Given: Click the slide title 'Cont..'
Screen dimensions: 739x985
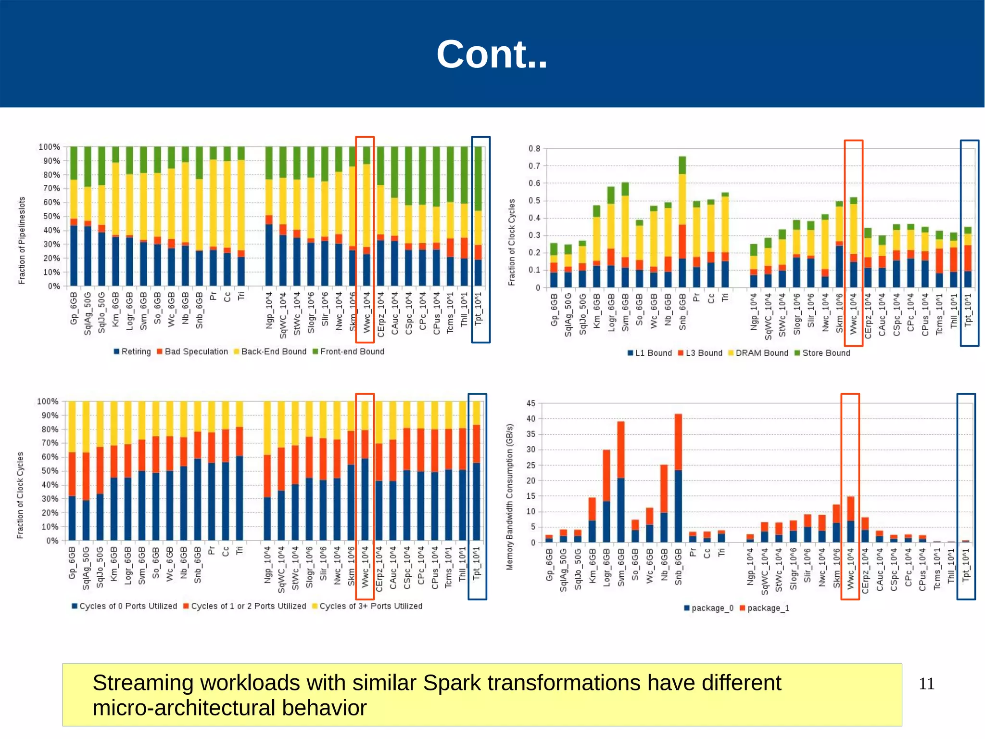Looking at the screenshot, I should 492,54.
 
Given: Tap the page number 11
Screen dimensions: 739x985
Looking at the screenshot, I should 926,684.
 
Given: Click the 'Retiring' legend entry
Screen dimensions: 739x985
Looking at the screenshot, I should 132,351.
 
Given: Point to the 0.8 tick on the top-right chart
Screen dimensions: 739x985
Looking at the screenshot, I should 534,149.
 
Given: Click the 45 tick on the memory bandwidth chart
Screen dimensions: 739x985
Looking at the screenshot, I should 531,403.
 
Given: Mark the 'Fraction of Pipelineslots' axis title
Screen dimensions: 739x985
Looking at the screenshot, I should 22,240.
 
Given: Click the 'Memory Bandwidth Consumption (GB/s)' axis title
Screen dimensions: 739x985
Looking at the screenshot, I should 510,497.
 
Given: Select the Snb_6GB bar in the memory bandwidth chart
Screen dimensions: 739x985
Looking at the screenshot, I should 678,478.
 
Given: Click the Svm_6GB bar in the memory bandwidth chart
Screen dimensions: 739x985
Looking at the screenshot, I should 621,482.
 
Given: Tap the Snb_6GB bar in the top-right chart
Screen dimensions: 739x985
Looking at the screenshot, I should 682,222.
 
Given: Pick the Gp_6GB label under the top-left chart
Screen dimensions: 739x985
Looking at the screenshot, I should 74,308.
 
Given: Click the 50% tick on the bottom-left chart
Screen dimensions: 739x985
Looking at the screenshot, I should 49,471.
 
